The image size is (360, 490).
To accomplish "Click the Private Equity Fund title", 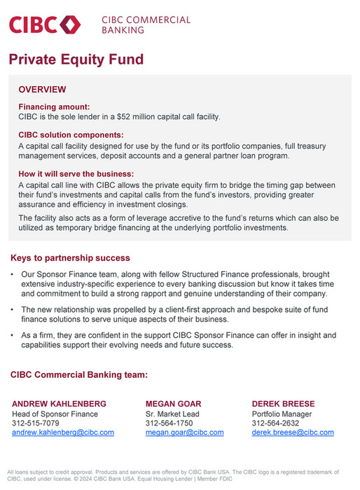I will [x=76, y=60].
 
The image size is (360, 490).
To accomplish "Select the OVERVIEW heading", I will [x=42, y=90].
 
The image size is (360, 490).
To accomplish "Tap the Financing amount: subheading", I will [x=53, y=107].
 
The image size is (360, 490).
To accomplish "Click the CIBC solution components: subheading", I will [x=71, y=135].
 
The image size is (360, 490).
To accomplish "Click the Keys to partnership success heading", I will [x=70, y=258].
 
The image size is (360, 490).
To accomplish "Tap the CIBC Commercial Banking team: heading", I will [x=79, y=375].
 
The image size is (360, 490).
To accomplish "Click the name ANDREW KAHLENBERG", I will [x=60, y=404].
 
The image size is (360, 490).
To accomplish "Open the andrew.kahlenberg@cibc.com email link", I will [x=63, y=433].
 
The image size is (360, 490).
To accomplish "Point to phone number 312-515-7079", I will [x=36, y=423].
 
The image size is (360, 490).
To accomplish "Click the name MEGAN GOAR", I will [x=174, y=404].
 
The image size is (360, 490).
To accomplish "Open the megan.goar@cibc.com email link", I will [x=185, y=433].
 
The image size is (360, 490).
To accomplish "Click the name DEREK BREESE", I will [x=284, y=404].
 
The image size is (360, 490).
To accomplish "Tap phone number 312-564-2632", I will [x=275, y=423].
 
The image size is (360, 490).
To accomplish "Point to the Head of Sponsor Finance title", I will [x=55, y=414].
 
